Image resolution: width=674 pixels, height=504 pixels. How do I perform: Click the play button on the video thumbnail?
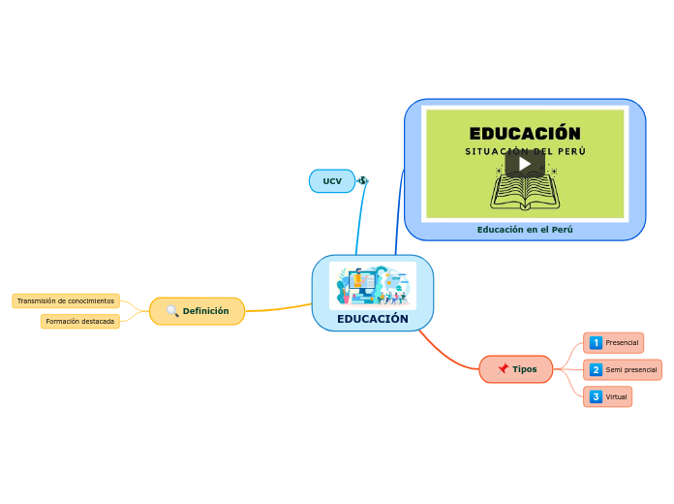pyautogui.click(x=524, y=163)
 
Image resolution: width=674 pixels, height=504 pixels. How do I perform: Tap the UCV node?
pyautogui.click(x=332, y=181)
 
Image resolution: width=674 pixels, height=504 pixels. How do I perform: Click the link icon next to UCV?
pyautogui.click(x=363, y=180)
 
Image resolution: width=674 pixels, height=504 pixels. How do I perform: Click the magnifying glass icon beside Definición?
pyautogui.click(x=172, y=311)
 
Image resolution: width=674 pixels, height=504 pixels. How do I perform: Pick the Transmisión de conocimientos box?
pyautogui.click(x=66, y=300)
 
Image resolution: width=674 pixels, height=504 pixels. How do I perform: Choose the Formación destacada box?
pyautogui.click(x=80, y=321)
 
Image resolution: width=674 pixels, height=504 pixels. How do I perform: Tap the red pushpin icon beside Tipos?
pyautogui.click(x=504, y=369)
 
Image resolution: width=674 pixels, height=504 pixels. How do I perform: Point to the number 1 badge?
pyautogui.click(x=596, y=343)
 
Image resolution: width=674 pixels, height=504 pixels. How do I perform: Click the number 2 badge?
pyautogui.click(x=596, y=369)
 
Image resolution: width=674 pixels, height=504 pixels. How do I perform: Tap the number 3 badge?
pyautogui.click(x=596, y=396)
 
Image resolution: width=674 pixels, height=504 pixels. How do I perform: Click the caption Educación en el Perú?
pyautogui.click(x=525, y=230)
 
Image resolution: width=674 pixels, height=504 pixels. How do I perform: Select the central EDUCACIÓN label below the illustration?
pyautogui.click(x=373, y=319)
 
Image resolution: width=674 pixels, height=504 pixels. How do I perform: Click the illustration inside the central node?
pyautogui.click(x=373, y=285)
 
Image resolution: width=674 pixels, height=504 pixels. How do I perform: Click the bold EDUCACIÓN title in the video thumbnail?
pyautogui.click(x=525, y=133)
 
